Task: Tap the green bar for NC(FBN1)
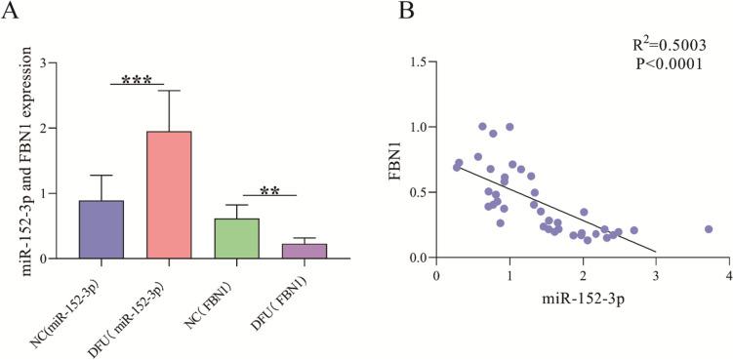pyautogui.click(x=237, y=238)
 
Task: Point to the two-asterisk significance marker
pyautogui.click(x=270, y=190)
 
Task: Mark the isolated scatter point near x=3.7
pyautogui.click(x=709, y=229)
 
